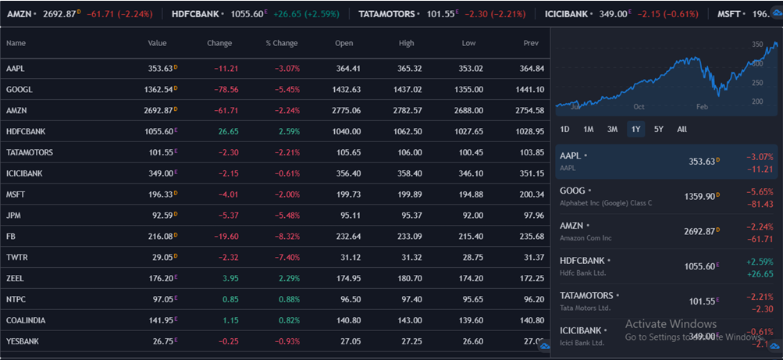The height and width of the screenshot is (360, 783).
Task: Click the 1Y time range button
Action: coord(636,129)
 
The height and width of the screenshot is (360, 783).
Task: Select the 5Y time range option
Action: coord(659,129)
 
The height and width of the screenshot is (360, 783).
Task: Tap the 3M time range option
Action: coord(612,129)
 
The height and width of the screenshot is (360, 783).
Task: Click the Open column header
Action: coord(343,43)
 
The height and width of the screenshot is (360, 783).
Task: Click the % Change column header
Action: coord(281,43)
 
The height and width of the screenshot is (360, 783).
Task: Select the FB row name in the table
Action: coord(11,236)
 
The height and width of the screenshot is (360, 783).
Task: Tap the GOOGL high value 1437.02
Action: coord(405,90)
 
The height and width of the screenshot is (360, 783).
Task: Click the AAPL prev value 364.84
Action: coord(531,69)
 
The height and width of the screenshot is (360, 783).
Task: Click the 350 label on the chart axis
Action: coord(757,45)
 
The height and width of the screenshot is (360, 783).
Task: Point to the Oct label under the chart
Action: coord(639,105)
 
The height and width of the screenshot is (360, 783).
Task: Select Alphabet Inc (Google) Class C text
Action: coord(605,203)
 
